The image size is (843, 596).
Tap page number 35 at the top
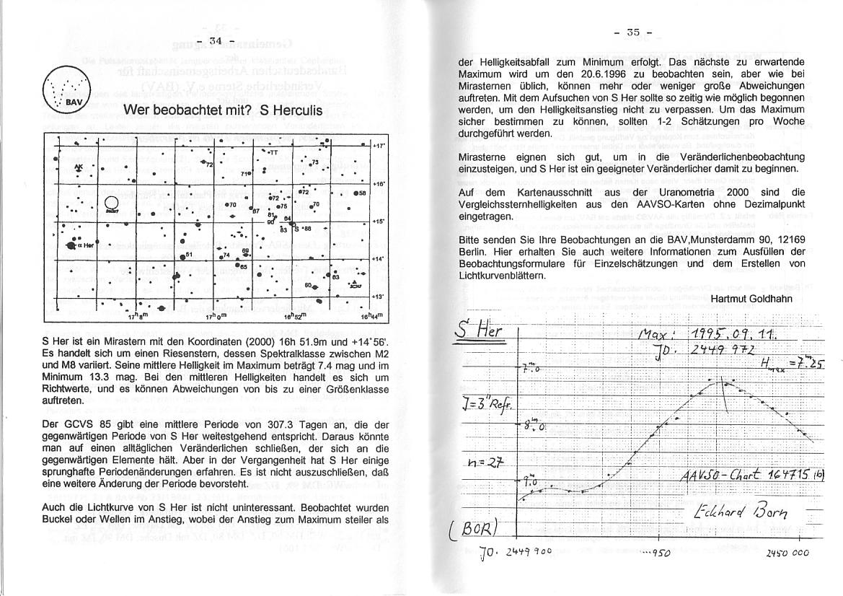[634, 32]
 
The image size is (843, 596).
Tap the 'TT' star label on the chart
[273, 152]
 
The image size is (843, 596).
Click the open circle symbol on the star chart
[112, 203]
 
